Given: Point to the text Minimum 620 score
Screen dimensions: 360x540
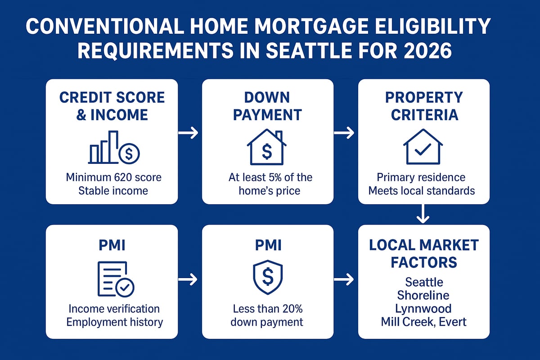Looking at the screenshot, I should [113, 177].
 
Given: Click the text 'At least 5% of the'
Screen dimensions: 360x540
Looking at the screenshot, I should [270, 177].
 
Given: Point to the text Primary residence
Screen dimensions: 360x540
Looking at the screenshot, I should [421, 177].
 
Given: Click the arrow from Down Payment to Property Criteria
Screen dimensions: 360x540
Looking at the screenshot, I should [344, 133].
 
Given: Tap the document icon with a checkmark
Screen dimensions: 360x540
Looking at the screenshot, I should [115, 279].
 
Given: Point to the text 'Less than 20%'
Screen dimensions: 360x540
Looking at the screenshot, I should [268, 309].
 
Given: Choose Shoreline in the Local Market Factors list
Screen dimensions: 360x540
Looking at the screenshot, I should [423, 295].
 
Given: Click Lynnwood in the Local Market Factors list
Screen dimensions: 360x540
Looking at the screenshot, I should [423, 309].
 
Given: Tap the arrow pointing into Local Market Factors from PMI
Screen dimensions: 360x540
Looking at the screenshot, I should [344, 280].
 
